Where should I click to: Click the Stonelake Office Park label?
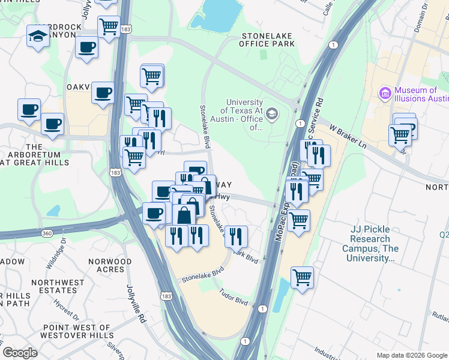267,40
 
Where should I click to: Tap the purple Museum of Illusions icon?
385,94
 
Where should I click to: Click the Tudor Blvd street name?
234,296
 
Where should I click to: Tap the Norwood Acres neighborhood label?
109,266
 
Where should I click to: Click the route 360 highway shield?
47,232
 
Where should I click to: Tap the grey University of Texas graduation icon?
272,114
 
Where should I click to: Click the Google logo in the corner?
20,353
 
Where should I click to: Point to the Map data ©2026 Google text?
411,355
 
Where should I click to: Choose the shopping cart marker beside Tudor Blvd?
302,277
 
